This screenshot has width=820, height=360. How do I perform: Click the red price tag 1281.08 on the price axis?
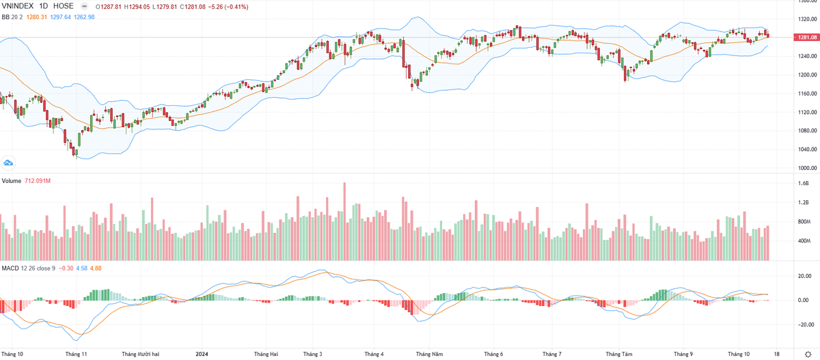pyautogui.click(x=806, y=37)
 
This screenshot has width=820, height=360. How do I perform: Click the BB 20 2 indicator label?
pyautogui.click(x=14, y=17)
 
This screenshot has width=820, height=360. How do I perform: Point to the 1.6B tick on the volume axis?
pyautogui.click(x=803, y=184)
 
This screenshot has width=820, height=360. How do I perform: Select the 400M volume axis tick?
pyautogui.click(x=804, y=241)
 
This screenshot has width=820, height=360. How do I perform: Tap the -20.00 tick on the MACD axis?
pyautogui.click(x=805, y=324)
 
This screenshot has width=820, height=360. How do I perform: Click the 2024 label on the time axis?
pyautogui.click(x=202, y=354)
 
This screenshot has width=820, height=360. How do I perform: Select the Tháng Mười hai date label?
pyautogui.click(x=140, y=354)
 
